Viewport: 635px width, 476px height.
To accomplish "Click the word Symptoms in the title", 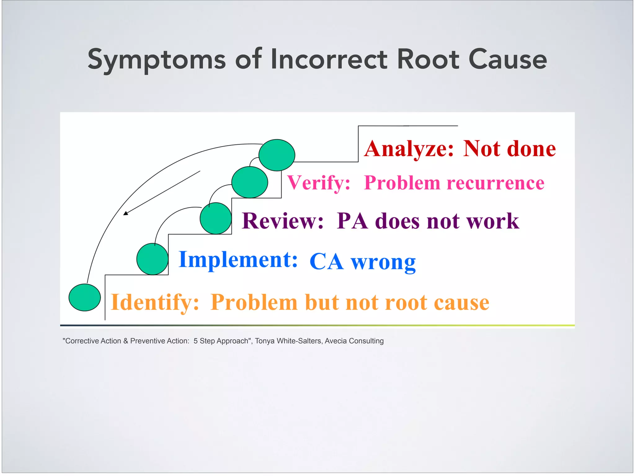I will (x=157, y=59).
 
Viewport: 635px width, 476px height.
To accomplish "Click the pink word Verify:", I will (x=318, y=183).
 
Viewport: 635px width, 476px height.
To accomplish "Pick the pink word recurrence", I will (x=495, y=183).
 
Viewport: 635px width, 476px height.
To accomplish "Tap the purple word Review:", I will (x=282, y=221).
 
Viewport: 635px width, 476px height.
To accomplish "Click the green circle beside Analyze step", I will (x=277, y=155).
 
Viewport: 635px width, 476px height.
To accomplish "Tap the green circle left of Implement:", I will (x=152, y=259).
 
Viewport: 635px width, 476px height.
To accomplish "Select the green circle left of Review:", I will (x=215, y=218).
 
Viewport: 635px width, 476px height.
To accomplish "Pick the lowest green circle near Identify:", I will (x=85, y=297).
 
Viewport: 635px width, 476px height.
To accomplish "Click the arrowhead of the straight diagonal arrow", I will (x=125, y=213).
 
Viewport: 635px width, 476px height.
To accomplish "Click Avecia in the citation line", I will (x=336, y=341).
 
